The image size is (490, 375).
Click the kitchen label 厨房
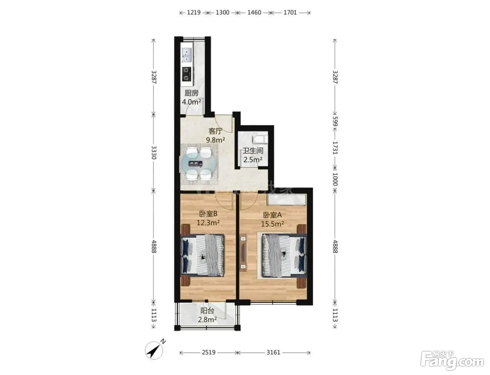(x=191, y=93)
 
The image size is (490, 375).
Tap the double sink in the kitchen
(x=187, y=55)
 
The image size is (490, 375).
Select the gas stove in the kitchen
(x=187, y=74)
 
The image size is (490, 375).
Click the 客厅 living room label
(x=216, y=131)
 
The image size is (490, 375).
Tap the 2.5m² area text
(x=253, y=160)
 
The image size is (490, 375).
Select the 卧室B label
(x=208, y=213)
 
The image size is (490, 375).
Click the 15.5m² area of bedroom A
(x=272, y=224)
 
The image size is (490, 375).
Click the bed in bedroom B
(x=203, y=255)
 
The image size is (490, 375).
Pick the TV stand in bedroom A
(x=243, y=253)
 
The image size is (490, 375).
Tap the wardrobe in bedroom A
(x=286, y=200)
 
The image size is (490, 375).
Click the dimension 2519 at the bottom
(x=209, y=352)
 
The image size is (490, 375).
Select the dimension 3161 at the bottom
(x=273, y=352)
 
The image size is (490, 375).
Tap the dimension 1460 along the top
(x=254, y=12)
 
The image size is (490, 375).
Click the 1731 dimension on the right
(x=335, y=148)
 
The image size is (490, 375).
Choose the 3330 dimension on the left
(x=154, y=153)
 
